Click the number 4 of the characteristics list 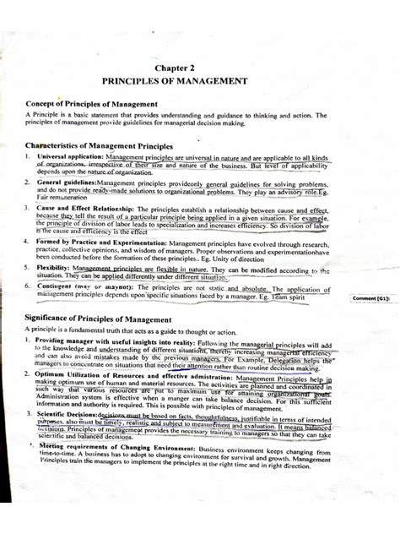[28, 242]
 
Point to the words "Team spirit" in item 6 [315, 296]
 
